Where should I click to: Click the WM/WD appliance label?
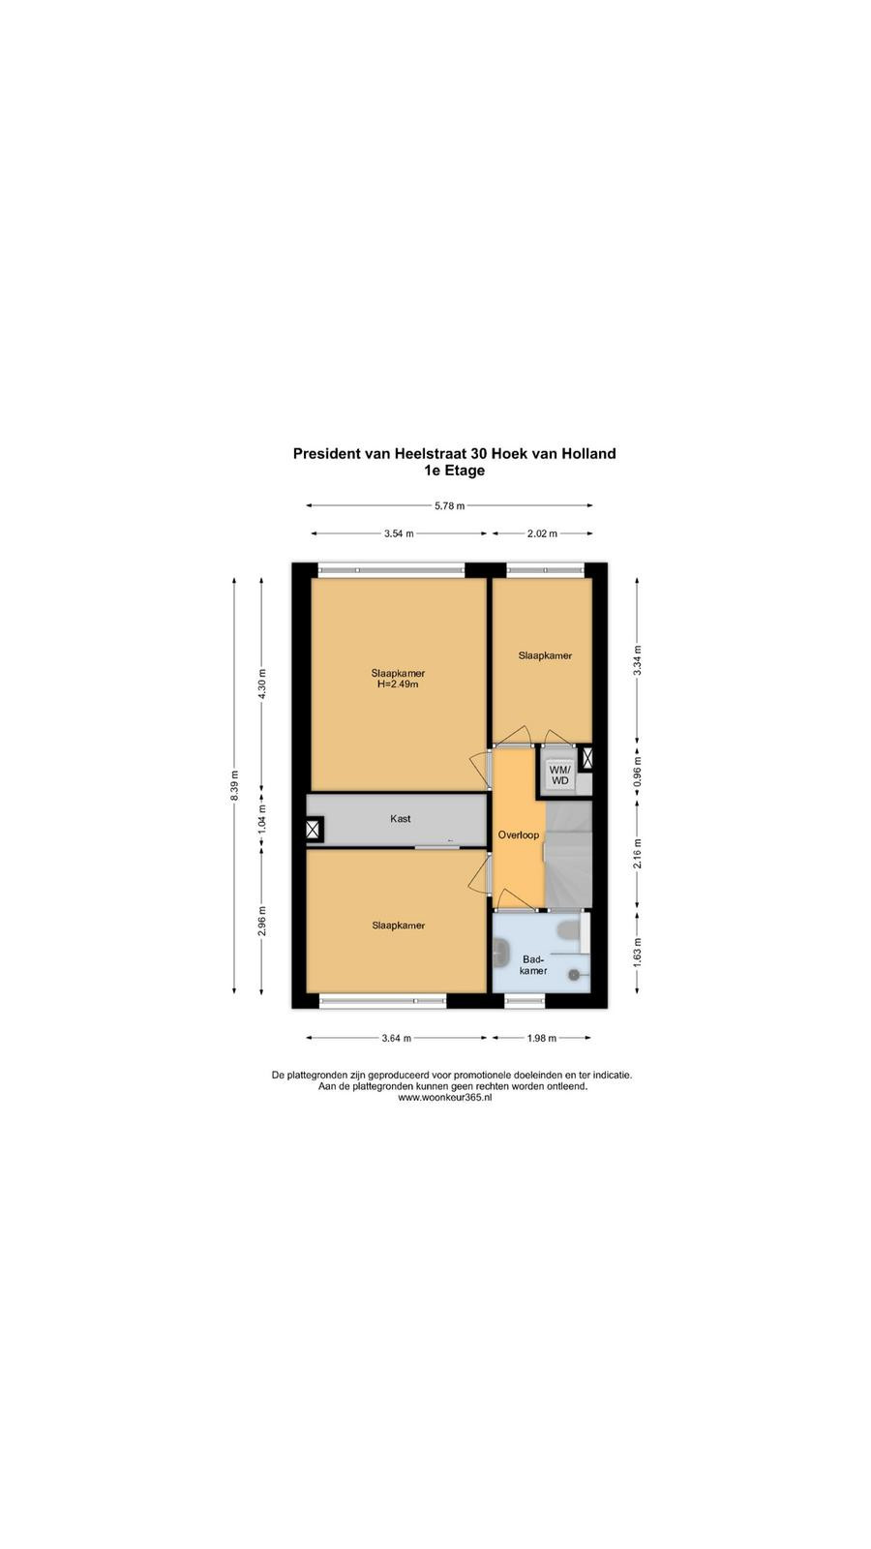click(559, 774)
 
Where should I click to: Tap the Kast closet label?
click(401, 819)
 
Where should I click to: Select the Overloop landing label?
click(519, 835)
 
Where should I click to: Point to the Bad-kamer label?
click(533, 964)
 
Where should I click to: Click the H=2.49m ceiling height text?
click(398, 684)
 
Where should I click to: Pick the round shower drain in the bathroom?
click(574, 974)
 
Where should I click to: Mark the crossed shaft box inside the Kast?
click(314, 829)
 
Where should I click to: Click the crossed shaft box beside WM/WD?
click(586, 759)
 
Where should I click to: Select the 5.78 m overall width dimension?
click(449, 505)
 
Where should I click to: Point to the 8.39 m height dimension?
click(234, 785)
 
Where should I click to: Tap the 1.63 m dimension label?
click(638, 951)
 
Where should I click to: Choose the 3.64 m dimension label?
click(397, 1038)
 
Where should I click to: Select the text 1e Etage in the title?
click(454, 471)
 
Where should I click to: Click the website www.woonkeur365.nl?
click(444, 1098)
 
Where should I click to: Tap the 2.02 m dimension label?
click(542, 533)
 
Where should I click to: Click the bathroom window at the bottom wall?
click(525, 1001)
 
